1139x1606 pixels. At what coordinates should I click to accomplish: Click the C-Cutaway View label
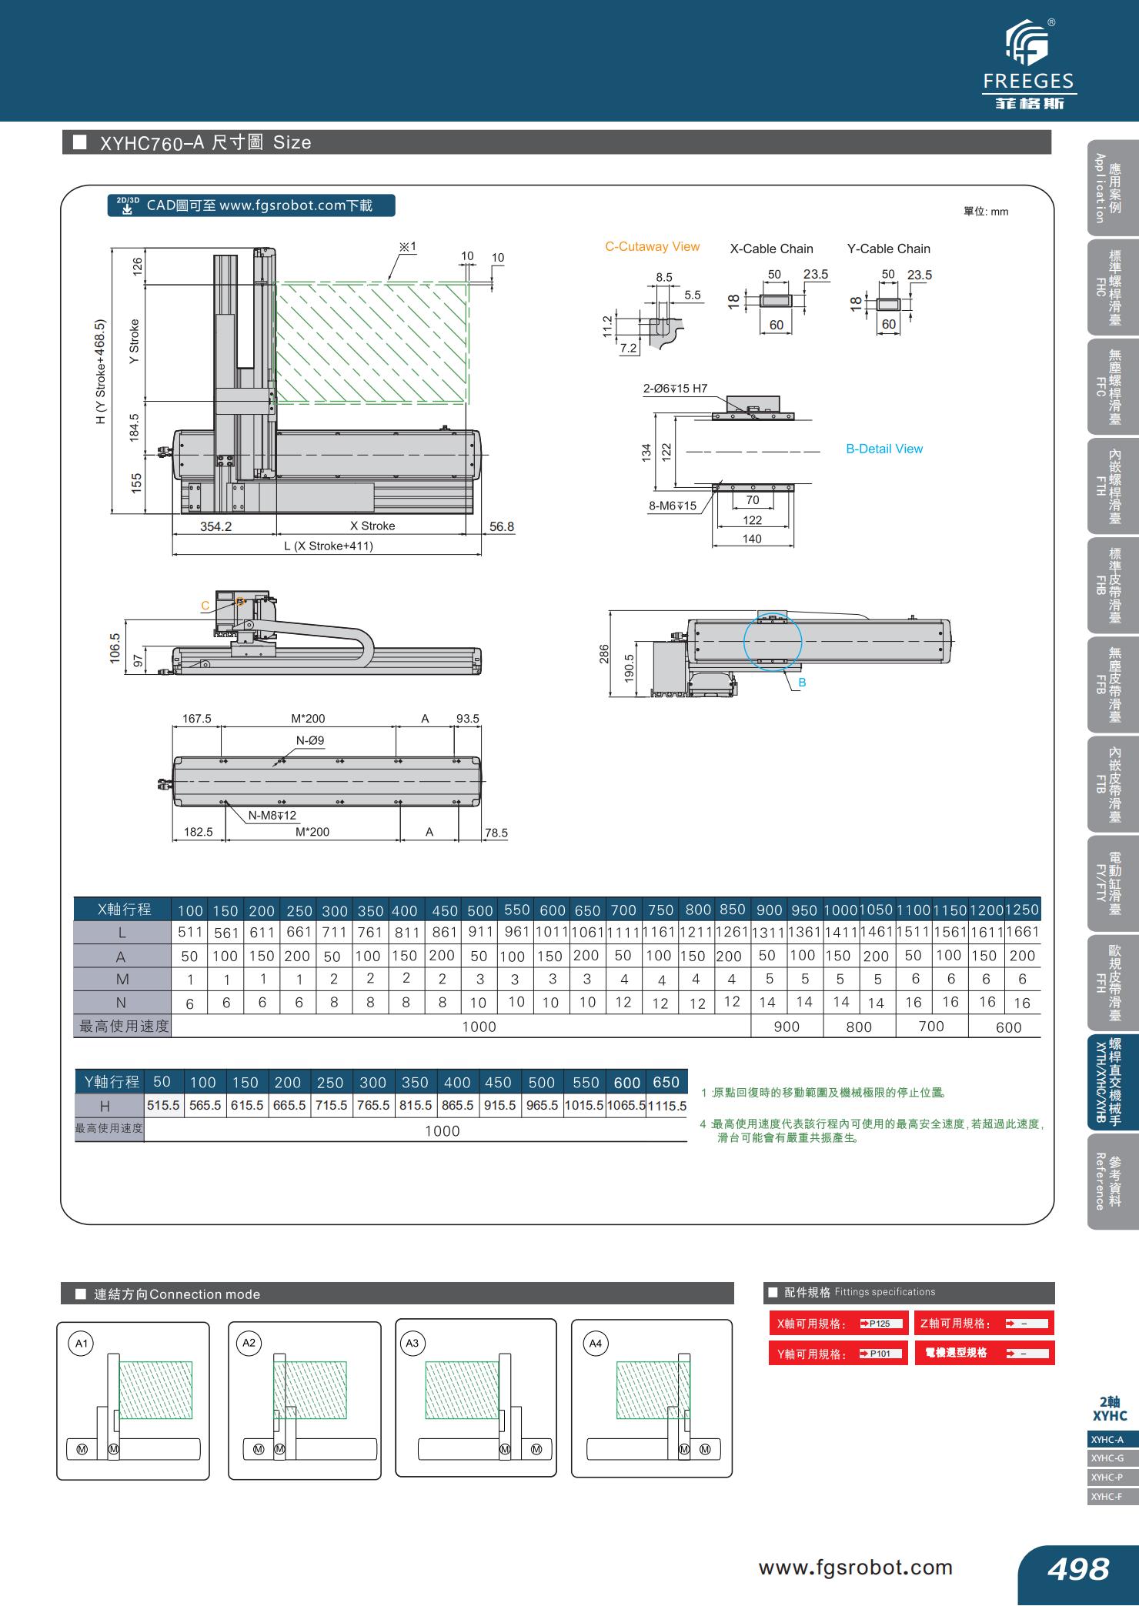652,247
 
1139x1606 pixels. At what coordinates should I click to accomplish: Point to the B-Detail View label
883,449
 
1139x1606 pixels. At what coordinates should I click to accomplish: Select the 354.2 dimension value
215,527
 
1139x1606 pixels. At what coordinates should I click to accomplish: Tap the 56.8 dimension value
501,527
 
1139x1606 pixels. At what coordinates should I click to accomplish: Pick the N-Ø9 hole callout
310,740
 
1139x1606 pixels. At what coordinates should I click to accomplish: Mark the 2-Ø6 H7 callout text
675,389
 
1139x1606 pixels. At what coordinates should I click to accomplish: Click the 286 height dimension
604,654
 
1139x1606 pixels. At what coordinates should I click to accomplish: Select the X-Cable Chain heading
771,249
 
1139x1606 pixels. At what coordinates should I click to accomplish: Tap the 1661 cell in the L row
1022,932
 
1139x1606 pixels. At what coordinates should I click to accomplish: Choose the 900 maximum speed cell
787,1027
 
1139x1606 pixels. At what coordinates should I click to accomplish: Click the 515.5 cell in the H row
163,1106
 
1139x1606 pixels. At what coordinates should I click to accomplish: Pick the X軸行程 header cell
123,910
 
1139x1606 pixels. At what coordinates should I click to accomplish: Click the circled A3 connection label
412,1344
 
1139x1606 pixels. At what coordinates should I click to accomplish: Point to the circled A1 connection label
80,1344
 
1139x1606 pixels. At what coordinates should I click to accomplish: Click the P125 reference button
876,1324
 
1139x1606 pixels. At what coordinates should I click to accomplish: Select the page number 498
1077,1568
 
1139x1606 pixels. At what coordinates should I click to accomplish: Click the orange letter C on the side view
205,606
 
